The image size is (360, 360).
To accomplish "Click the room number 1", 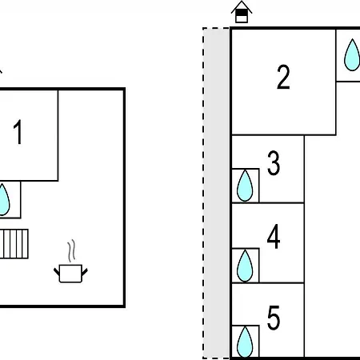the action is pyautogui.click(x=18, y=132).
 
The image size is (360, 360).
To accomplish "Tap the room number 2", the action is pyautogui.click(x=283, y=77).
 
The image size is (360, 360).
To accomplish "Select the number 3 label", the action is pyautogui.click(x=274, y=163).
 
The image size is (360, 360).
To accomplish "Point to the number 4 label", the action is pyautogui.click(x=274, y=236).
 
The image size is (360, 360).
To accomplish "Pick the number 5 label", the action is pyautogui.click(x=274, y=318).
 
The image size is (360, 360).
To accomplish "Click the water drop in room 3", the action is pyautogui.click(x=245, y=186).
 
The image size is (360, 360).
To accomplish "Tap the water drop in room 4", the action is pyautogui.click(x=245, y=266).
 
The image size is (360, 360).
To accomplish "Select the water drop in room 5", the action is pyautogui.click(x=245, y=342).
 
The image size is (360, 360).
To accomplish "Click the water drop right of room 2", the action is pyautogui.click(x=352, y=55).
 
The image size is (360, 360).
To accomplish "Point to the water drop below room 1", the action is pyautogui.click(x=4, y=199).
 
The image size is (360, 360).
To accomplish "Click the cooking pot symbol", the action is pyautogui.click(x=70, y=273).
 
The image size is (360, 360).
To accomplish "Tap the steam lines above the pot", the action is pyautogui.click(x=71, y=250).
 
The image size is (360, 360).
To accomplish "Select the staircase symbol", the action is pyautogui.click(x=14, y=244).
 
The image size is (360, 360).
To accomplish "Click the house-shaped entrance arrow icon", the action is pyautogui.click(x=242, y=12).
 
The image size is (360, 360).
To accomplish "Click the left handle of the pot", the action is pyautogui.click(x=57, y=272).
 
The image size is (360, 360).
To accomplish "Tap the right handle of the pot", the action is pyautogui.click(x=85, y=272).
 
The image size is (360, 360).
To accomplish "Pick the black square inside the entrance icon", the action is pyautogui.click(x=242, y=13).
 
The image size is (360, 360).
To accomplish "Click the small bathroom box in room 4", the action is pyautogui.click(x=246, y=266).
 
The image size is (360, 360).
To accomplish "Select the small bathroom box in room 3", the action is pyautogui.click(x=246, y=186).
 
